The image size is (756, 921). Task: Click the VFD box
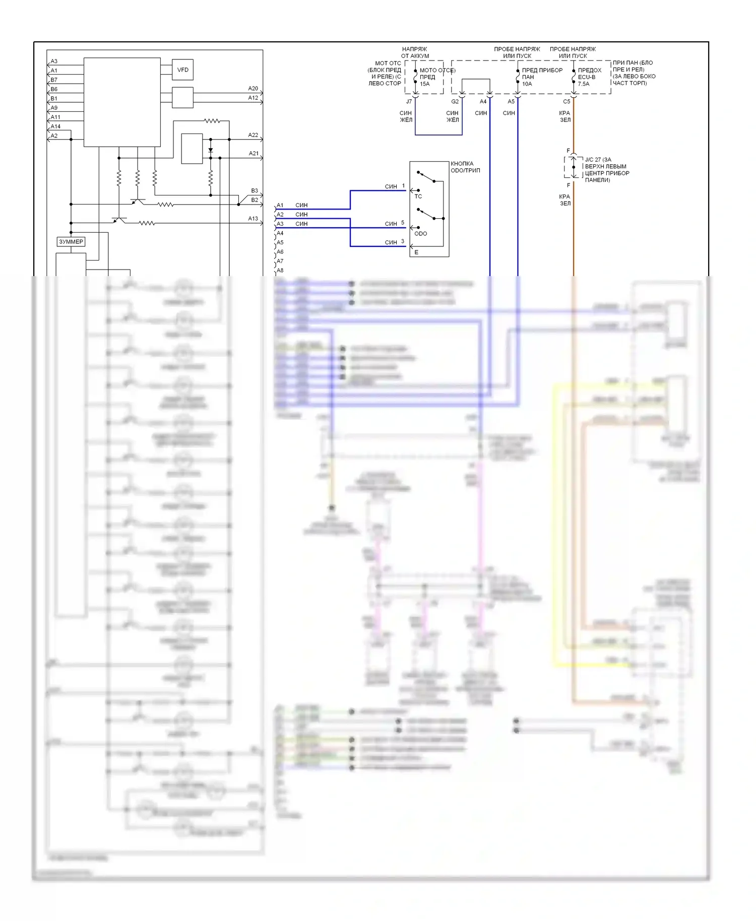pos(182,70)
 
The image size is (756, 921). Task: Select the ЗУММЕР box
pos(71,242)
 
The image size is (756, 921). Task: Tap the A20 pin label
pos(253,89)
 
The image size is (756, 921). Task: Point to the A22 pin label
pos(253,135)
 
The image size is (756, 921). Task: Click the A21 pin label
pos(254,154)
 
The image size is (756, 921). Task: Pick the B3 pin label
pos(255,191)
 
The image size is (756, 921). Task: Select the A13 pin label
pos(253,219)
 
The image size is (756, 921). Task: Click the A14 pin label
pos(55,126)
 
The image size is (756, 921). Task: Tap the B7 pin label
pos(54,80)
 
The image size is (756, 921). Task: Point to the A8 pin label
pos(280,271)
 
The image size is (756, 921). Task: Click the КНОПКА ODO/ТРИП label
pos(465,167)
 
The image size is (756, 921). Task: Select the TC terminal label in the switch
pos(418,196)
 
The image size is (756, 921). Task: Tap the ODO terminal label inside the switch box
pos(421,234)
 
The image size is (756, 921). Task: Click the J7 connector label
pos(409,102)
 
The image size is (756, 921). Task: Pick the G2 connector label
pos(455,102)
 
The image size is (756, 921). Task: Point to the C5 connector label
pos(566,102)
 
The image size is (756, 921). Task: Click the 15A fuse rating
pos(425,84)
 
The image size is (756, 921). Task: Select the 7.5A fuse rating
pos(584,84)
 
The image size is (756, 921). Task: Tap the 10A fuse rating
pos(527,84)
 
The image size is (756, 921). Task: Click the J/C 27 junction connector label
pos(598,160)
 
